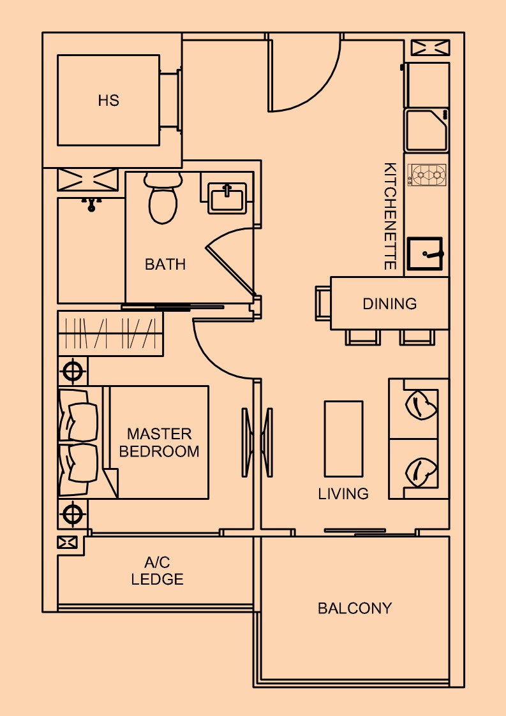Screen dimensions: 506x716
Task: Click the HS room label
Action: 108,101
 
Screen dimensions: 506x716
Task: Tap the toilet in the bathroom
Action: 163,198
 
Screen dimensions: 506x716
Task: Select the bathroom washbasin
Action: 227,198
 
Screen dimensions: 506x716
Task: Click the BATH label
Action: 165,265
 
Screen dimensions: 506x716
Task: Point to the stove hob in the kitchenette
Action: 427,175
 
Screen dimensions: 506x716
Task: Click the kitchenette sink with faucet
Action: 425,253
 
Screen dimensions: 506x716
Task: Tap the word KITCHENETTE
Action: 389,216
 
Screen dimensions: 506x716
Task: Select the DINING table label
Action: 389,303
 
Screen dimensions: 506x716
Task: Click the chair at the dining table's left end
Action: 323,303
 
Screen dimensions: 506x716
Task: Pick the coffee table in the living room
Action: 344,439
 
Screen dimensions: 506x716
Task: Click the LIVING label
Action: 343,493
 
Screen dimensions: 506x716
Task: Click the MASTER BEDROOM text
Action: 159,442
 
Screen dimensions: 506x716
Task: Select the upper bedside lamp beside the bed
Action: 72,371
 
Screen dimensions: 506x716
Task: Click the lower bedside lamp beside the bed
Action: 72,514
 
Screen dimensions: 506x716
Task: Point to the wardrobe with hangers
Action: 110,333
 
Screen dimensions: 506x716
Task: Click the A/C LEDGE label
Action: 157,571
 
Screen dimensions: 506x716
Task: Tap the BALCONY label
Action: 355,608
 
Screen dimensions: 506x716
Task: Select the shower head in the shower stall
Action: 92,204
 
